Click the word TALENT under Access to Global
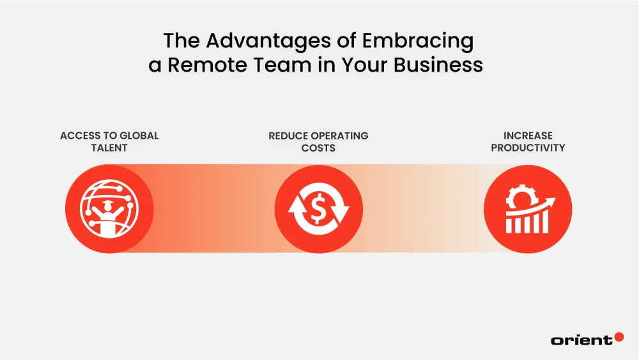[x=109, y=148]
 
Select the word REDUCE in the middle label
[x=289, y=136]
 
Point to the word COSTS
[x=318, y=148]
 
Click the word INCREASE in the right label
[x=528, y=136]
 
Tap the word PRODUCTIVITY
[x=528, y=148]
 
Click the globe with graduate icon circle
[x=109, y=209]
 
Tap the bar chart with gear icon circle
[x=528, y=209]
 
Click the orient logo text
[x=581, y=340]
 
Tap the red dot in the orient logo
[x=619, y=336]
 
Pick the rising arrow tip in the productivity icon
[x=552, y=200]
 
